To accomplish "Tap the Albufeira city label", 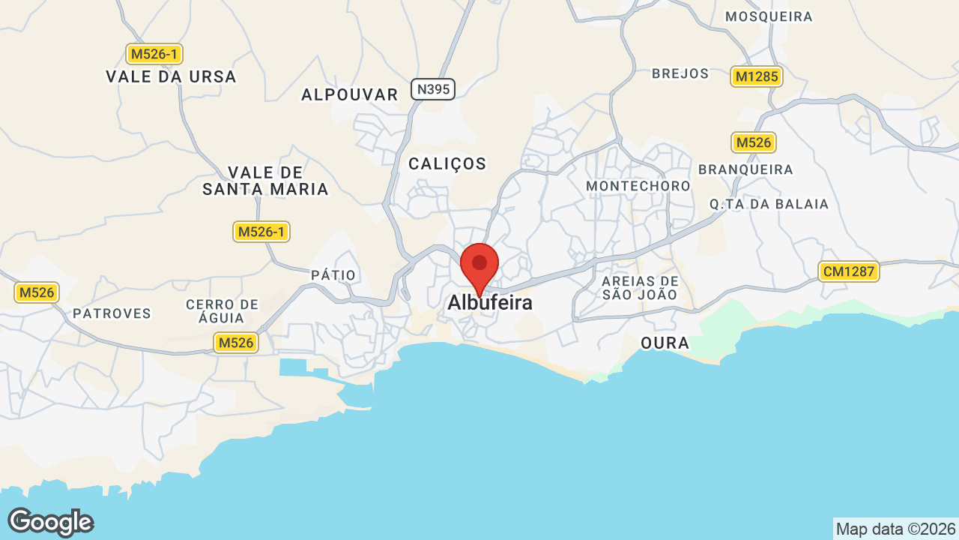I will pos(490,303).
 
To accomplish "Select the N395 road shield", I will pos(433,90).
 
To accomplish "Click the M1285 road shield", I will pos(757,76).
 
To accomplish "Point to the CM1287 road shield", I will pos(848,271).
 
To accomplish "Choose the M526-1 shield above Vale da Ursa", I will pos(154,54).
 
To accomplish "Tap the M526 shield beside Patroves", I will pos(37,292).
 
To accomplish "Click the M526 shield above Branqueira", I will pos(754,142).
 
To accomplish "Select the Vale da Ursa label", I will pos(171,76).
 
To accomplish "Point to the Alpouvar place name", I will pos(350,94).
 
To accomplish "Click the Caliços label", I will pos(447,163).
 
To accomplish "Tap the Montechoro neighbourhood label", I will pos(638,185).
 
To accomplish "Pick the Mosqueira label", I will pos(769,16).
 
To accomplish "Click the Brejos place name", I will pos(680,73).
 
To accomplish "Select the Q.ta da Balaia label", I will pos(769,204).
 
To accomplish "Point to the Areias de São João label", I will pos(640,288).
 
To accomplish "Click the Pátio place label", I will pos(333,275).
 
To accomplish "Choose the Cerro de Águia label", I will pos(222,310).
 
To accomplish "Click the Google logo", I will pos(50,522).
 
